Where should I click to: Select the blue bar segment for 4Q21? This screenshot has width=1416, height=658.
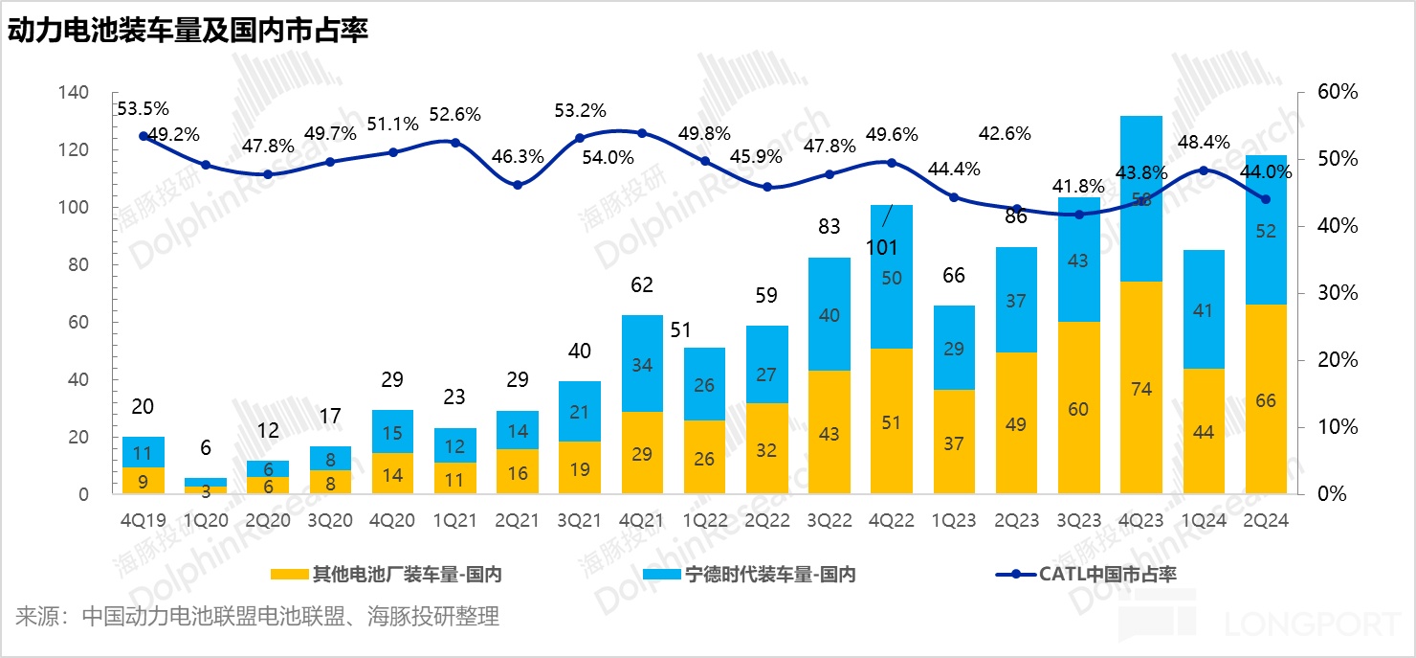(642, 363)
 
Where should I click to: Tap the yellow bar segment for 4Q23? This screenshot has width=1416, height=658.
(1141, 388)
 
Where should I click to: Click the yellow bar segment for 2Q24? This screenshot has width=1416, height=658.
(1266, 399)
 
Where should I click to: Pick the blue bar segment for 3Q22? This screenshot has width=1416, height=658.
(829, 314)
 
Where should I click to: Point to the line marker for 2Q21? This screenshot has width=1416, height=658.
(518, 185)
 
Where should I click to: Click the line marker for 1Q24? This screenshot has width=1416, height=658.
(1204, 170)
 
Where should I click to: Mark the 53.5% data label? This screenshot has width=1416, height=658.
(143, 108)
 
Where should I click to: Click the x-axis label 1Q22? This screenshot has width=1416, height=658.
(704, 520)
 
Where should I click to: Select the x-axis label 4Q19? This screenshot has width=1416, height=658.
(143, 520)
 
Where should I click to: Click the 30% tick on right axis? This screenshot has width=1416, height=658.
(1337, 293)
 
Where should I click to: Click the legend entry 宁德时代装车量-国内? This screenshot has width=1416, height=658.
(757, 575)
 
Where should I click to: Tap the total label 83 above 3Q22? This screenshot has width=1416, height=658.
(829, 227)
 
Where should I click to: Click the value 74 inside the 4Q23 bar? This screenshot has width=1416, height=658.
(1141, 389)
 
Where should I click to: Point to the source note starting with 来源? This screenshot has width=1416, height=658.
(256, 616)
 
